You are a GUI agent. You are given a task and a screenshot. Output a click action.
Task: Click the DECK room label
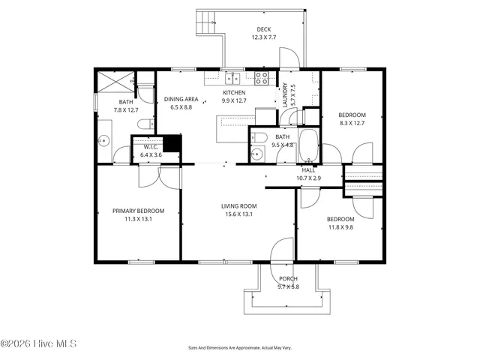[x=264, y=30]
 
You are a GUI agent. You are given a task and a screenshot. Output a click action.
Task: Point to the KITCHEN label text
[x=233, y=94]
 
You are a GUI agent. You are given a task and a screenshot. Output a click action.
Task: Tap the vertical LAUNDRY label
[x=284, y=95]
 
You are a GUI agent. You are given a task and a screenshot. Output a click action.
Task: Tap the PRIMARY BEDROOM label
[x=138, y=211]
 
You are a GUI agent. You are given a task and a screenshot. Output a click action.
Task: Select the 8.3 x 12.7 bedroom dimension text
[x=351, y=122]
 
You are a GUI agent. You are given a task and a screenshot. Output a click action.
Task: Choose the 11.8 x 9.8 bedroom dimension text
[x=340, y=227]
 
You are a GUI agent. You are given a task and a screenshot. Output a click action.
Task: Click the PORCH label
[x=288, y=278]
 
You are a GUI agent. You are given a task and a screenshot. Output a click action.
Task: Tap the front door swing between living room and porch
[x=283, y=250]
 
